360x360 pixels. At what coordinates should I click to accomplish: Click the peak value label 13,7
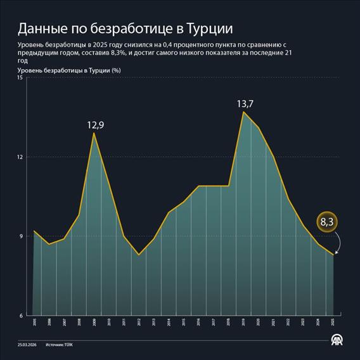point(245,104)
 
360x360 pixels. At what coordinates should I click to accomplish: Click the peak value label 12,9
point(95,125)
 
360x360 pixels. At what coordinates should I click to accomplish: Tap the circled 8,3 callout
point(327,222)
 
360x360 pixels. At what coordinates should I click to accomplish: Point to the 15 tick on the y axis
point(20,78)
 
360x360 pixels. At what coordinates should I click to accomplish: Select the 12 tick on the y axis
point(20,157)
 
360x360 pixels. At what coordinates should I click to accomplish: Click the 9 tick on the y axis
point(21,236)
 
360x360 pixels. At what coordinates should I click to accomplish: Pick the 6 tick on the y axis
point(21,316)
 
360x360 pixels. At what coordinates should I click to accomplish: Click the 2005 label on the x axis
point(34,323)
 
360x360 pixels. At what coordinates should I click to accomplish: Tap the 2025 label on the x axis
point(333,323)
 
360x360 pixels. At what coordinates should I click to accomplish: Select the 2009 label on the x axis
point(94,323)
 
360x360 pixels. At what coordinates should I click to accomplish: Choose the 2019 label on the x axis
point(243,323)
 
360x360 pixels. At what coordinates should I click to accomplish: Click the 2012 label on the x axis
point(139,323)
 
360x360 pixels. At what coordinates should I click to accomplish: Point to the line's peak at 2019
point(243,112)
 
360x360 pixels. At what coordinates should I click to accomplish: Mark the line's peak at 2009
point(94,133)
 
